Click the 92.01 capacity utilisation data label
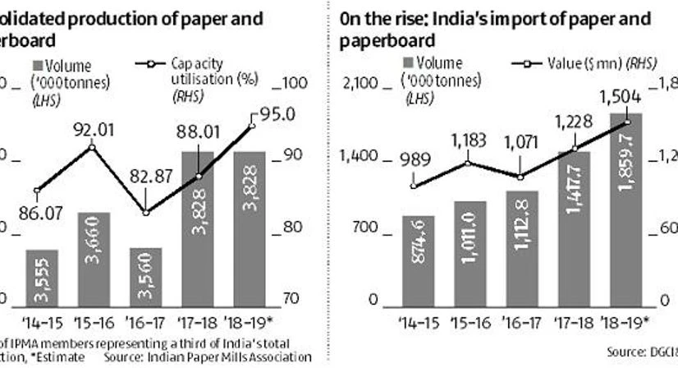pyautogui.click(x=91, y=129)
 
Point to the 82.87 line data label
pyautogui.click(x=144, y=191)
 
